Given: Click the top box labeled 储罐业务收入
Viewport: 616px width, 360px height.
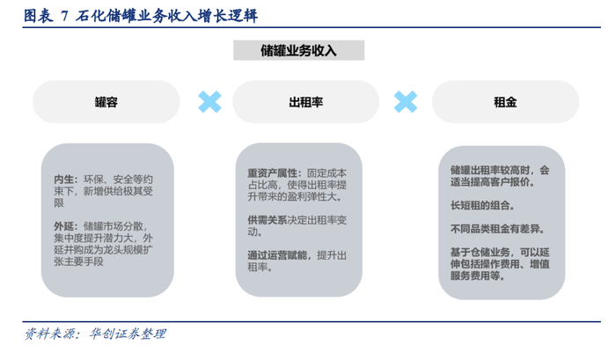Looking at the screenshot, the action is pos(298,50).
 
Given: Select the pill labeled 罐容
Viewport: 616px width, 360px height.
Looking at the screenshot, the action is pos(106,102).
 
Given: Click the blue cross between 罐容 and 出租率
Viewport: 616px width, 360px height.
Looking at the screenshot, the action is pos(209,101).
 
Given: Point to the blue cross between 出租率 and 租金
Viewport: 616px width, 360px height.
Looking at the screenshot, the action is pos(405,101).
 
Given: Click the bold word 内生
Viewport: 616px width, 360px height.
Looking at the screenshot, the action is pos(64,180).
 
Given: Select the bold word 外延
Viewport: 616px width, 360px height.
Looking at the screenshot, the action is pos(64,225).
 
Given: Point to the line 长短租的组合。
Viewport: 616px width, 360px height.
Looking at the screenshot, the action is pos(480,206).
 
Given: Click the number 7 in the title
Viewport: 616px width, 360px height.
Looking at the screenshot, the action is pos(63,16).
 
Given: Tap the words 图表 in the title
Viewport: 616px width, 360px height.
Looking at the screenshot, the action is pos(37,16).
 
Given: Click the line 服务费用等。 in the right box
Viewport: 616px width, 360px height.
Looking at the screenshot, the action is pos(476,275).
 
